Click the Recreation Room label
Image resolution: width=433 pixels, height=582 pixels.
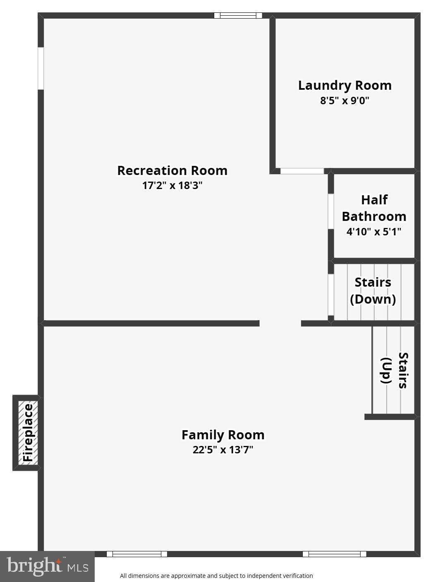coord(172,170)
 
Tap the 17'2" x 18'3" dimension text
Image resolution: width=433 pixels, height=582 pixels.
coord(172,185)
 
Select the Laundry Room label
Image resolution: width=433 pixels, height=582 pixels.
coord(345,86)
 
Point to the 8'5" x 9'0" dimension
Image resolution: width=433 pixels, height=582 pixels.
coord(344,101)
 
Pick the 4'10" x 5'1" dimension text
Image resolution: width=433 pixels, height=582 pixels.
coord(374,232)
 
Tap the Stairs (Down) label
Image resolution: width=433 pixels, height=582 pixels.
coord(373,291)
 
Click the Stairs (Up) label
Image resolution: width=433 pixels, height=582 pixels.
coord(395,370)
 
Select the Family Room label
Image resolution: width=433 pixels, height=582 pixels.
coord(223,435)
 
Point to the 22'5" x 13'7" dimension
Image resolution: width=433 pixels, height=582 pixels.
coord(223,450)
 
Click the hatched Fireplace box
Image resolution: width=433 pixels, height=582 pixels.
coord(28,433)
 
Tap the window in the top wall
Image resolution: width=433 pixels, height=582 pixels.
coord(238,15)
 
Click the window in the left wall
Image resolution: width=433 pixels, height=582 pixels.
coord(41,68)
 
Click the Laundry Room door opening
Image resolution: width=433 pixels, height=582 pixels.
coord(302,171)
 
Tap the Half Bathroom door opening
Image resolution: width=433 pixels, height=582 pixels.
coord(331,211)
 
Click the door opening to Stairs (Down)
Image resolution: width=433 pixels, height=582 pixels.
coord(331,295)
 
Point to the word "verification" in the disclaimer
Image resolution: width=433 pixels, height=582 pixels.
coord(298,576)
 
